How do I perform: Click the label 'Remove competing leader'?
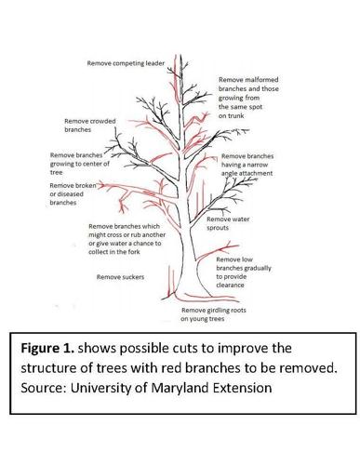[126, 63]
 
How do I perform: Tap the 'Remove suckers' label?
[120, 276]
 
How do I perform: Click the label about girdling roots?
[221, 314]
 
